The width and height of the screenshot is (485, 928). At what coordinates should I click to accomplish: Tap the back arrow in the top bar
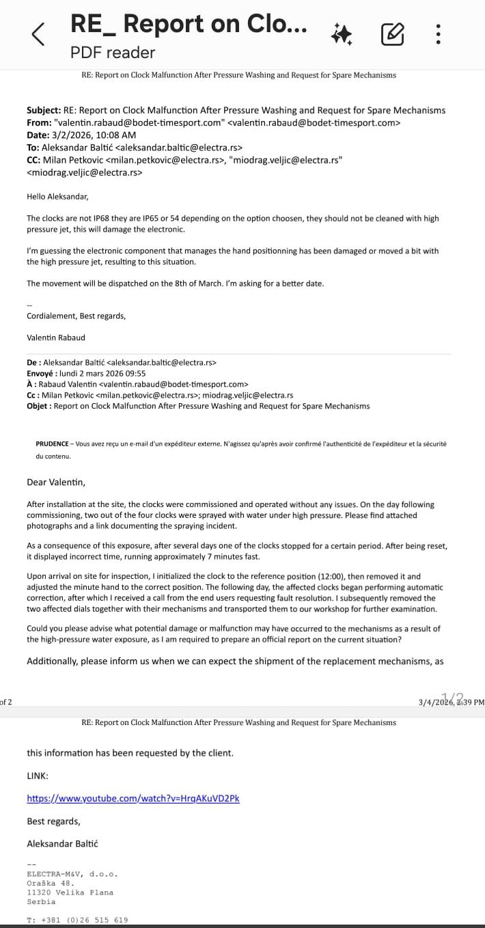[39, 33]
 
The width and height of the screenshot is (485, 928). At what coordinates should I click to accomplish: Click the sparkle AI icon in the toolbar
[342, 33]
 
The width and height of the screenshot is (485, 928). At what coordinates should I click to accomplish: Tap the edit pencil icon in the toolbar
[393, 33]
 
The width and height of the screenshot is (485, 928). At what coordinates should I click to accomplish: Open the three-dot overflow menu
[439, 33]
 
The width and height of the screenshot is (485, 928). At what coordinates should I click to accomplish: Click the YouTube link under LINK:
[133, 798]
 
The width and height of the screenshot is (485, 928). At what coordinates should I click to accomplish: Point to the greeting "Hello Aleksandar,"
[58, 197]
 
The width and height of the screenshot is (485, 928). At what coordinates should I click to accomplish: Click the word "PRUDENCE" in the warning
[51, 443]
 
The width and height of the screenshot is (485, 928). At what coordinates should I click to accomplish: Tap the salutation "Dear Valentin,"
[56, 482]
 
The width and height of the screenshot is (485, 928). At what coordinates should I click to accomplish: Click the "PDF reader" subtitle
[113, 53]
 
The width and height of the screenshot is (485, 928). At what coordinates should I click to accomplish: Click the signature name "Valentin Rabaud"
[56, 338]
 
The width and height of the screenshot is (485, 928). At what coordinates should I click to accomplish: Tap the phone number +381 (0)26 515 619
[85, 920]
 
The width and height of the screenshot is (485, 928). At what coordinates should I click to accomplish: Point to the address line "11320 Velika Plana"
[70, 892]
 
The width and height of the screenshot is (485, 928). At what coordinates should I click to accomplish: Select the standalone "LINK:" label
[38, 776]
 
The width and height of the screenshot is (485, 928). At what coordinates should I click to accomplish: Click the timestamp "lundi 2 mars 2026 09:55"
[102, 373]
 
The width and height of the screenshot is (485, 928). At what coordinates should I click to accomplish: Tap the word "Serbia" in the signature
[41, 901]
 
